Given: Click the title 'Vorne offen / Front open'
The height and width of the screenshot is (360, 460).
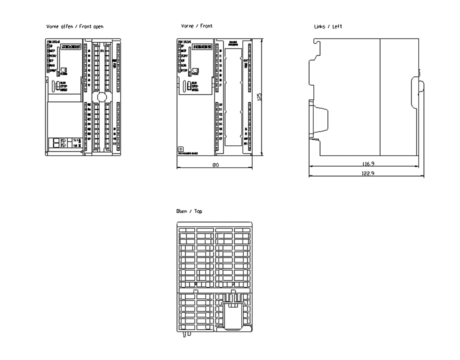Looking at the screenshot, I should click(x=74, y=26).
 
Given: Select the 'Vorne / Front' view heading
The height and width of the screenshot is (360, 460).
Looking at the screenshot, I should click(x=196, y=26).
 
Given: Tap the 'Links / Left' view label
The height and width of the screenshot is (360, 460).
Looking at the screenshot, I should click(x=328, y=26).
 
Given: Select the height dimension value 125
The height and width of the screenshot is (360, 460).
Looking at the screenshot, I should click(x=259, y=96).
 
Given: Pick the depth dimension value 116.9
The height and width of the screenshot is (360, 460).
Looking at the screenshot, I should click(x=369, y=163).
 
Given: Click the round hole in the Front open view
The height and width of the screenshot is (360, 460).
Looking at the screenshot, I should click(x=102, y=97).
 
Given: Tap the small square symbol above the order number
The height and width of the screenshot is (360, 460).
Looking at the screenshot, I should click(x=181, y=148).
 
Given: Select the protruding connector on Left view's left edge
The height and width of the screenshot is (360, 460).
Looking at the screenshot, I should click(x=318, y=120).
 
